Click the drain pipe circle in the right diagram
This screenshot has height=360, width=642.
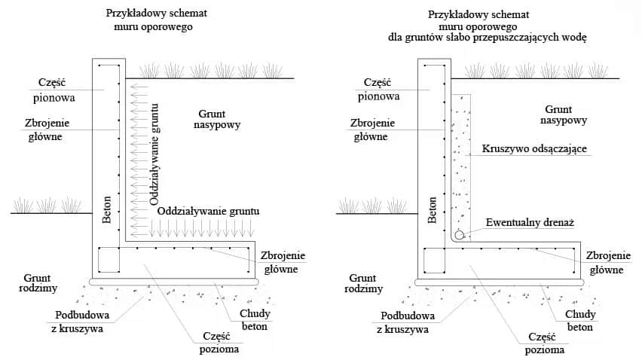459,234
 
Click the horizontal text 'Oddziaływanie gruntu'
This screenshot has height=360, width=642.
209,212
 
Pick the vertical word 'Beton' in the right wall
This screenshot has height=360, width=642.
433,209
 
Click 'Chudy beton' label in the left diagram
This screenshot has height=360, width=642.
255,320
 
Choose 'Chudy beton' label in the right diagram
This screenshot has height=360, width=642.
580,320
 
